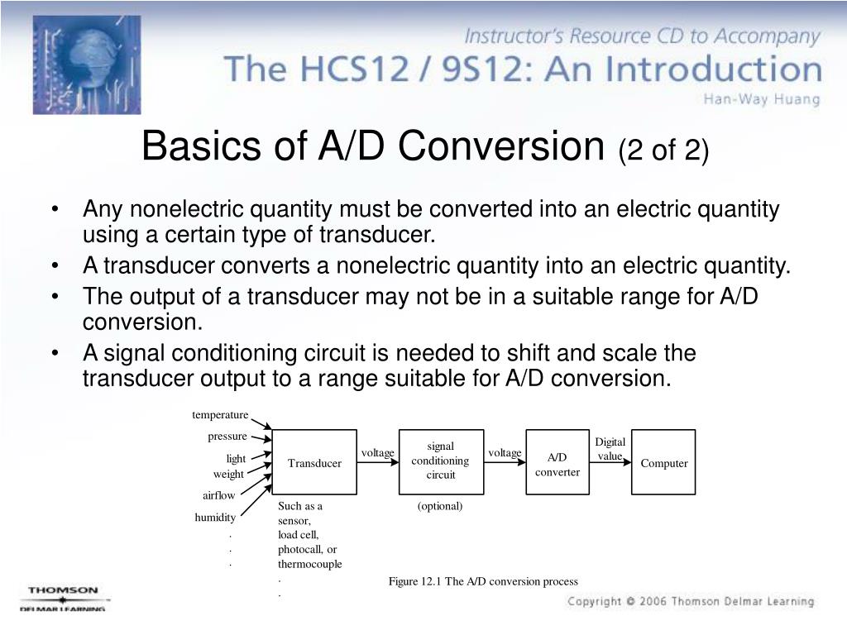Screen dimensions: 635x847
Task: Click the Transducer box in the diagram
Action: point(314,462)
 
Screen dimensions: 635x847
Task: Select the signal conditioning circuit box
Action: point(440,461)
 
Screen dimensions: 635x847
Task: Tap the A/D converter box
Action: point(557,464)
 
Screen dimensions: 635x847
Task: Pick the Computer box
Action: point(663,463)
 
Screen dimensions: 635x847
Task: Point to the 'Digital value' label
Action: point(610,449)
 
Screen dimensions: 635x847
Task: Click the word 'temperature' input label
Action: point(220,414)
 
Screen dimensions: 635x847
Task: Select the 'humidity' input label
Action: point(215,518)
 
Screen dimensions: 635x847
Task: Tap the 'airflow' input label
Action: point(219,495)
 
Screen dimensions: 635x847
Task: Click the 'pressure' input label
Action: point(227,436)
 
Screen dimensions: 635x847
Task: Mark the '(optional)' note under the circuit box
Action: point(440,506)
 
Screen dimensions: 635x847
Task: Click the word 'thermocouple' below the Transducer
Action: point(309,564)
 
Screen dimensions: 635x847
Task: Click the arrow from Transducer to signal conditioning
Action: point(378,462)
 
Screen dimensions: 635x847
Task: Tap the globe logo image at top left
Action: point(86,64)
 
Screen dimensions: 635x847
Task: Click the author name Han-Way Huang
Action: point(762,99)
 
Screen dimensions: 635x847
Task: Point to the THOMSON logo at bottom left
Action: point(63,591)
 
